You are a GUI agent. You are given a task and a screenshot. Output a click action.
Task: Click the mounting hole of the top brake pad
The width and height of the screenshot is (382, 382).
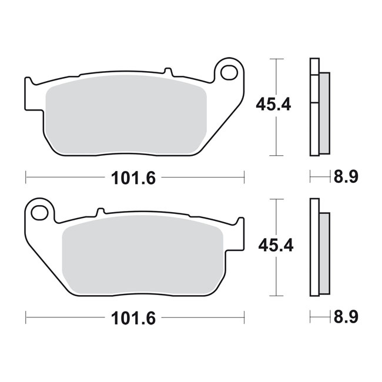228,72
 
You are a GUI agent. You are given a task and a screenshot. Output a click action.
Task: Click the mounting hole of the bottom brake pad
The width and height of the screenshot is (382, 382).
41,211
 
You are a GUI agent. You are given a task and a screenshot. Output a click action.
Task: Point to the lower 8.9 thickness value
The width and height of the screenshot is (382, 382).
346,317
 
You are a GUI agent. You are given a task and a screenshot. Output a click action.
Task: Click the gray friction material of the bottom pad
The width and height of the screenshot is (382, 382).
144,256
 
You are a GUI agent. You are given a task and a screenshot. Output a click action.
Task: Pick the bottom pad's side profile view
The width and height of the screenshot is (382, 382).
318,247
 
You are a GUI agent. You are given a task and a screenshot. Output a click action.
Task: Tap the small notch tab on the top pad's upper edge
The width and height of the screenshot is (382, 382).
169,72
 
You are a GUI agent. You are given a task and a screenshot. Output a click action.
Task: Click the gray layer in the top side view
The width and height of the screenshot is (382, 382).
325,112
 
